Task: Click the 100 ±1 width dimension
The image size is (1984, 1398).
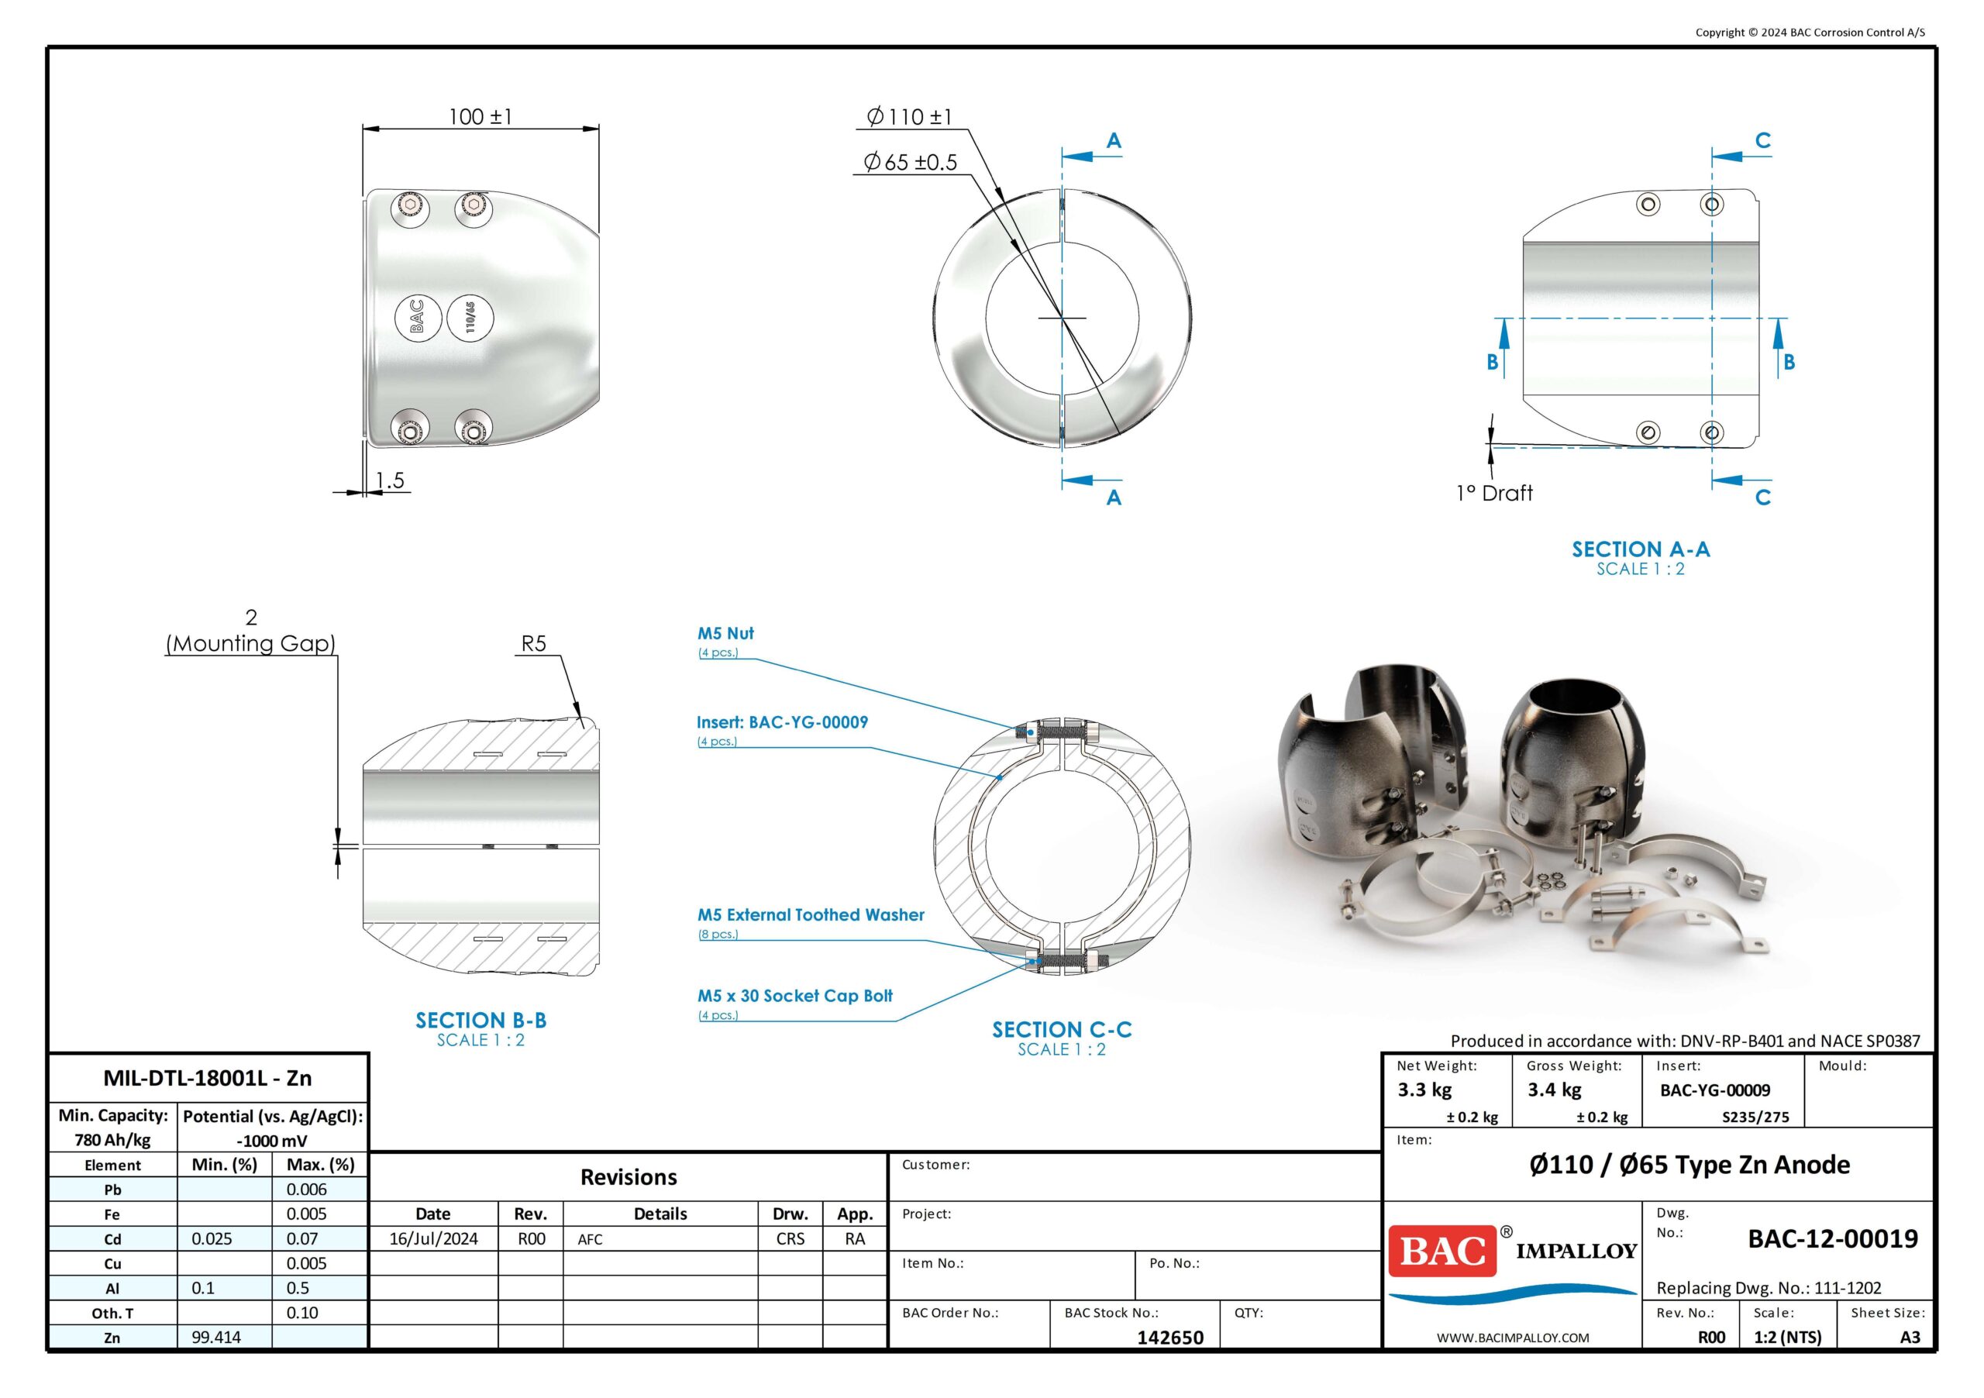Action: point(480,117)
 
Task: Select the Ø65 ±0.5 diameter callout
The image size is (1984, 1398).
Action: point(911,163)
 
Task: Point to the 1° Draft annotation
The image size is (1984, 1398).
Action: point(1494,494)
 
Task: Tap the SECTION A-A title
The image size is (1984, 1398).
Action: point(1640,549)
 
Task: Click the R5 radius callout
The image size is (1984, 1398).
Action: point(533,644)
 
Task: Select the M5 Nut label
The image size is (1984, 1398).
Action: point(726,633)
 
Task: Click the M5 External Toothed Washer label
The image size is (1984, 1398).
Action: point(811,914)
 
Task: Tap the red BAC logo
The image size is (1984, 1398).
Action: point(1441,1250)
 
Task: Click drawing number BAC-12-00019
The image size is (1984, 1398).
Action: point(1832,1238)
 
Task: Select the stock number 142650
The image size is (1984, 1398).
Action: point(1170,1337)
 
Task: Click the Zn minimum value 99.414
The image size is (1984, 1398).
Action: point(216,1337)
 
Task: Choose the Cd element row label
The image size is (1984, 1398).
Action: point(112,1239)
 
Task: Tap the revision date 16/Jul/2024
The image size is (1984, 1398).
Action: point(433,1238)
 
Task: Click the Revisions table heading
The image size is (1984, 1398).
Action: point(629,1177)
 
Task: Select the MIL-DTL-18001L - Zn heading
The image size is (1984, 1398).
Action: point(208,1077)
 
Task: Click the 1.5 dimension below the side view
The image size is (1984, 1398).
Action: point(390,480)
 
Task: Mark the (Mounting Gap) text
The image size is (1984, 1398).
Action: point(250,644)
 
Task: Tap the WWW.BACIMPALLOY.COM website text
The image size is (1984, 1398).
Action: point(1512,1338)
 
